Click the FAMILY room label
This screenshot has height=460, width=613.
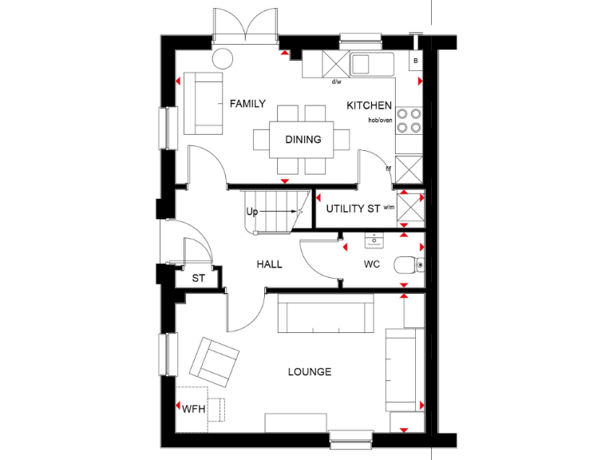click(x=247, y=104)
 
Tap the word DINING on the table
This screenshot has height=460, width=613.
click(x=303, y=140)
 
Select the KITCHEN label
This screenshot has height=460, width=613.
click(x=369, y=105)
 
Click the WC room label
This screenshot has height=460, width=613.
click(x=373, y=264)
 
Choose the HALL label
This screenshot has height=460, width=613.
click(x=269, y=264)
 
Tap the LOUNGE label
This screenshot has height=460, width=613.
click(x=310, y=372)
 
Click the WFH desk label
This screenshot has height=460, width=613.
click(x=194, y=409)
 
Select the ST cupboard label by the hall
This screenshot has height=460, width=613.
click(x=198, y=279)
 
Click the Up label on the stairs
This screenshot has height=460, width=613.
click(x=252, y=212)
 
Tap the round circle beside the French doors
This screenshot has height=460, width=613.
click(x=223, y=58)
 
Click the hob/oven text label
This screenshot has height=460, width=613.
click(x=380, y=120)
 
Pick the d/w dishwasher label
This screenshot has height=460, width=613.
click(x=337, y=81)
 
